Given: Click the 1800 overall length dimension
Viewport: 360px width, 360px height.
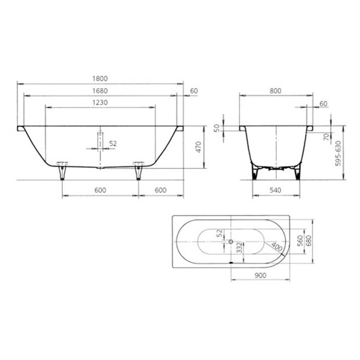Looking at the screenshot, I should tap(100, 79).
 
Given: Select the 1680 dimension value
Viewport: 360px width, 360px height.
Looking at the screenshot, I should tap(100, 91).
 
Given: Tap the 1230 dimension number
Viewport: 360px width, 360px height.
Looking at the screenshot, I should tap(100, 102).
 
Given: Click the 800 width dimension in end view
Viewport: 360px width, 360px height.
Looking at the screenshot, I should tap(276, 91).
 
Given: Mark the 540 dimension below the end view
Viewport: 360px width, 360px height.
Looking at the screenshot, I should tap(276, 190).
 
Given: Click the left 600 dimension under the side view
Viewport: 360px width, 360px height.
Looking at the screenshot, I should tap(100, 190).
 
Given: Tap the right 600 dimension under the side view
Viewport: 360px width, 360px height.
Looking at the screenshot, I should tap(160, 190).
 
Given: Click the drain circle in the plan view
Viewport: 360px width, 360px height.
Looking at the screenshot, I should tap(231, 242).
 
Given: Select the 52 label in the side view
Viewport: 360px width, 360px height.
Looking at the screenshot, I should tap(113, 143).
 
